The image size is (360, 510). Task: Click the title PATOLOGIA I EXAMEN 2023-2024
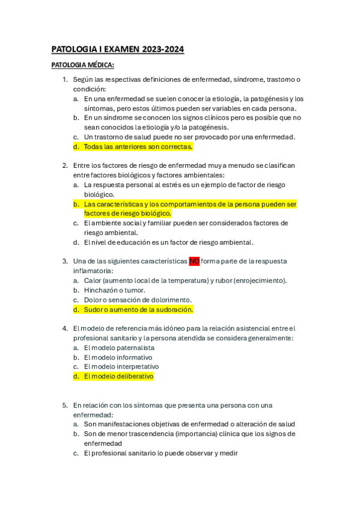coord(118,49)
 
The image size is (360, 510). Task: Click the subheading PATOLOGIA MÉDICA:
coord(83,65)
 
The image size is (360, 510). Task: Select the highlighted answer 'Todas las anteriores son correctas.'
coord(138,146)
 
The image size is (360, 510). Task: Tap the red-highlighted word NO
coord(194,261)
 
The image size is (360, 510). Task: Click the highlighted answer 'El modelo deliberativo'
coord(119,376)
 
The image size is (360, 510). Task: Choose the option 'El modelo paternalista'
coord(119,348)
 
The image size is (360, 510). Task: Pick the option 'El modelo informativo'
coord(118,357)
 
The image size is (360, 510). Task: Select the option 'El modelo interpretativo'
coord(121,366)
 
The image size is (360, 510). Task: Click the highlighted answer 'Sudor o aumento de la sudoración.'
coord(138,309)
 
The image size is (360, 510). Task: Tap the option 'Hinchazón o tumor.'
coord(114,290)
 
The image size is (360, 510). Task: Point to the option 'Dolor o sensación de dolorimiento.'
coord(138,300)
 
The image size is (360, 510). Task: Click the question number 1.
coord(65,79)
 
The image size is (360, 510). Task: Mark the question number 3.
coord(65,261)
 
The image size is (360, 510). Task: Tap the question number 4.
coord(65,328)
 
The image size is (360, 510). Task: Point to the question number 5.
coord(65,405)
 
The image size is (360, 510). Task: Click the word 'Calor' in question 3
coord(92,280)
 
